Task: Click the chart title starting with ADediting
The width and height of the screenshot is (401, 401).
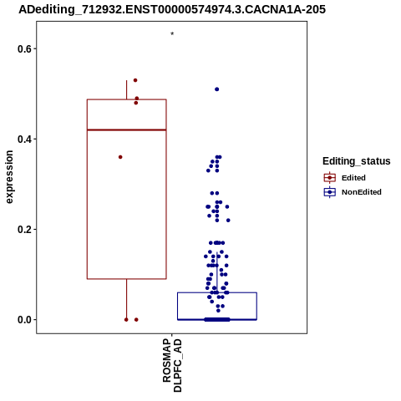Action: coord(172,9)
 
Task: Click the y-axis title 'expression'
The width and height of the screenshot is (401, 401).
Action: coord(9,177)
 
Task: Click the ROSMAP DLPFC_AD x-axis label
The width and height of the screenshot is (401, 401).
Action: coord(172,365)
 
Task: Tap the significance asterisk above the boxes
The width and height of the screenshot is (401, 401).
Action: coord(172,34)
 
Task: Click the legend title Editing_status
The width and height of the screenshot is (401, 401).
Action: coord(357,161)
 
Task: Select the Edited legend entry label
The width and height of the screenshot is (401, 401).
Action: coord(353,178)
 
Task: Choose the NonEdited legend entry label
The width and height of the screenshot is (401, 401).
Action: coord(362,192)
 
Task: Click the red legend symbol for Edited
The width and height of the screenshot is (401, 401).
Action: coord(330,178)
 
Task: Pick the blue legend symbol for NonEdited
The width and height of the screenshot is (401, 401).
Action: coord(330,192)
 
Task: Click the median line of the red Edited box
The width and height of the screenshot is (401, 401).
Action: coord(127,129)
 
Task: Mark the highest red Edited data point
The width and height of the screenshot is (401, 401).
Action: coord(135,80)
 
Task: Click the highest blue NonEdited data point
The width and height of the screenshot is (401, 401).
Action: coord(217,89)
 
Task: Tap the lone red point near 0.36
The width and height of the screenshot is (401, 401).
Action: coord(120,157)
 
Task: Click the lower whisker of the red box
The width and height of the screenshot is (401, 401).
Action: coord(127,299)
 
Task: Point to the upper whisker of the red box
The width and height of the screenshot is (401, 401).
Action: coord(127,89)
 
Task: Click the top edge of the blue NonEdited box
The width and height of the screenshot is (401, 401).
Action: coord(217,292)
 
